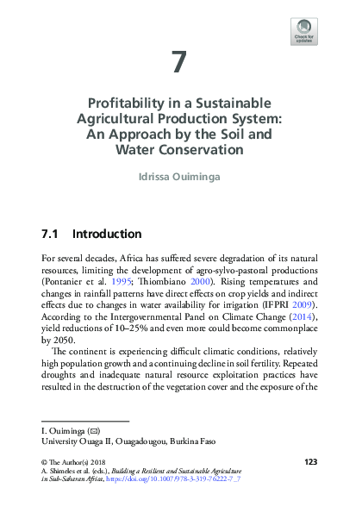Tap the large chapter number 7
tap(179, 62)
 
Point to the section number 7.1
tap(49, 234)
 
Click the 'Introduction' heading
tap(107, 234)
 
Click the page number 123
tap(311, 463)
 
